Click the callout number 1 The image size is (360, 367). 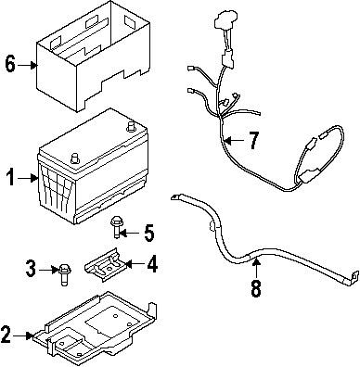(9, 177)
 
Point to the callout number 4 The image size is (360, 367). (152, 264)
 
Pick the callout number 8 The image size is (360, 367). (255, 287)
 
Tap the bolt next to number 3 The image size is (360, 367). (63, 271)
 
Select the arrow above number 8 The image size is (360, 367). (255, 266)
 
